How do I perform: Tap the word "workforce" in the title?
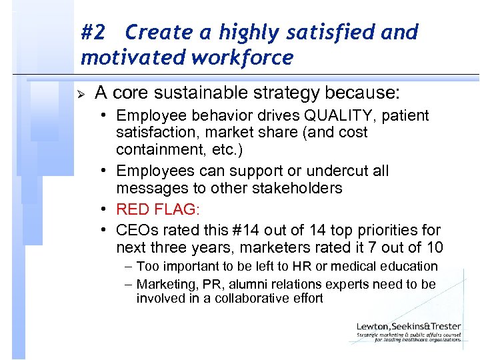pyautogui.click(x=241, y=57)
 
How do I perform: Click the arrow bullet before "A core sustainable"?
pyautogui.click(x=81, y=92)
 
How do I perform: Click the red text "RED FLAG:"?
pyautogui.click(x=157, y=210)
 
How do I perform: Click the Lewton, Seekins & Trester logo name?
pyautogui.click(x=408, y=327)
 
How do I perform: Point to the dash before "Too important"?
pyautogui.click(x=128, y=267)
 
